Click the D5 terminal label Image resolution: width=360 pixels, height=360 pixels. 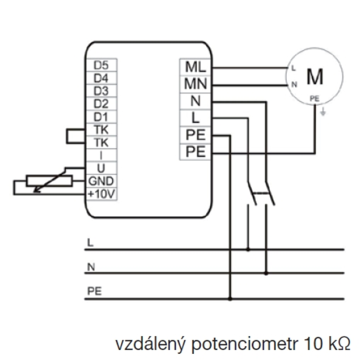coord(101,65)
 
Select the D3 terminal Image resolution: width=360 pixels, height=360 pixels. coord(101,91)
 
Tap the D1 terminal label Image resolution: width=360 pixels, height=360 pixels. coord(101,117)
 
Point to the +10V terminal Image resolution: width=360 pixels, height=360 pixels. coord(101,194)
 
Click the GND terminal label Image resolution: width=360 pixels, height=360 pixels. coord(101,181)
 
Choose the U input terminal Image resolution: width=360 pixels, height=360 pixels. coord(101,168)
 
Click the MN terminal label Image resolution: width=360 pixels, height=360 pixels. coord(195,84)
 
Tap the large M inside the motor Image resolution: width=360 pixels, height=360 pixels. coord(315,77)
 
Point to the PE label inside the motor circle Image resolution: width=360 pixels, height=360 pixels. coord(315,99)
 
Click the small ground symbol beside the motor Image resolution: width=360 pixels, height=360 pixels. coord(323,112)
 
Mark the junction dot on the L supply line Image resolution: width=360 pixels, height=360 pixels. coord(248,249)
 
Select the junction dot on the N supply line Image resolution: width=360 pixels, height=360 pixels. coord(266,273)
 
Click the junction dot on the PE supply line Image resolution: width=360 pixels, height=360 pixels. coord(230,299)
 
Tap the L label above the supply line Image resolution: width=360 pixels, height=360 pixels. coord(90,243)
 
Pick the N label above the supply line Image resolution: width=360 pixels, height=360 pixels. coord(91,267)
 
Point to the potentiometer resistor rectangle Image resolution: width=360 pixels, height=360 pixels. coord(50,180)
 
